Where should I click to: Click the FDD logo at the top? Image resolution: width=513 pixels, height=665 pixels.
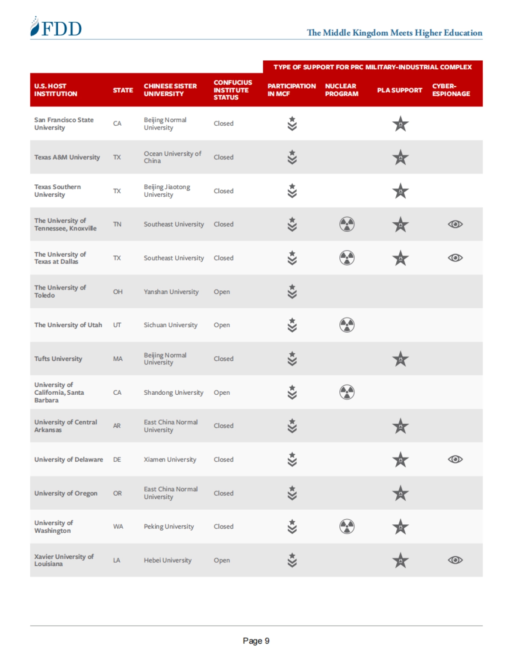[x=56, y=27]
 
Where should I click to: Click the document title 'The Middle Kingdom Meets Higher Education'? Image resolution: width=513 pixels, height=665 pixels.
[x=394, y=33]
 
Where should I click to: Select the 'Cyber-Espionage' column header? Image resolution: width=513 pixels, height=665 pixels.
[x=451, y=90]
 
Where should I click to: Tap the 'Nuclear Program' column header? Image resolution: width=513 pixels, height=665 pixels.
[x=341, y=90]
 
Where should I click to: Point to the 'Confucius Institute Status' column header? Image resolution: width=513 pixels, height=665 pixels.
[x=233, y=90]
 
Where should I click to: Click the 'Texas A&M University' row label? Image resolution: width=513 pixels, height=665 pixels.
[x=67, y=157]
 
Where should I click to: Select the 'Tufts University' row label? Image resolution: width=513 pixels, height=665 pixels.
[x=58, y=359]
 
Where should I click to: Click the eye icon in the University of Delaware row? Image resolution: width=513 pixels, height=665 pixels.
[x=455, y=459]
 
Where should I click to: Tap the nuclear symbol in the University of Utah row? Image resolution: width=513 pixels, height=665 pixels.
[x=347, y=325]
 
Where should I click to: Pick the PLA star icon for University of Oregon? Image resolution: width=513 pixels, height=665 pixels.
[x=400, y=493]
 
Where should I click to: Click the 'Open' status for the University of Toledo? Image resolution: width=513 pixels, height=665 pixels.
[x=221, y=292]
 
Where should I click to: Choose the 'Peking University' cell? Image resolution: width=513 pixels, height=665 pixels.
[x=168, y=526]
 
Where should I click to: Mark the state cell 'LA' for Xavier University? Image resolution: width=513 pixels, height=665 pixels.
[x=116, y=560]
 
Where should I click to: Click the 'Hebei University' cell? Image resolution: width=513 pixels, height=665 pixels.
[x=168, y=560]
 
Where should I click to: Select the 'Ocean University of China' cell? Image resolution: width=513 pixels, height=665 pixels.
[x=172, y=157]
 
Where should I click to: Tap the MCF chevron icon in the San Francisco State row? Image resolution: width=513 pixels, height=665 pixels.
[x=292, y=124]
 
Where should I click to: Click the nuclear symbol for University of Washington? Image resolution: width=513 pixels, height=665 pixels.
[x=347, y=526]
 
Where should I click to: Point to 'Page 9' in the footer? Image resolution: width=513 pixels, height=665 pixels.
[x=256, y=641]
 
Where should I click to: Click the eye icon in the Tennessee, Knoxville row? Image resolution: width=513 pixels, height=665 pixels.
[x=455, y=224]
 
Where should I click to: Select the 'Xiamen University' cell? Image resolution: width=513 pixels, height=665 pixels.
[x=170, y=459]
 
